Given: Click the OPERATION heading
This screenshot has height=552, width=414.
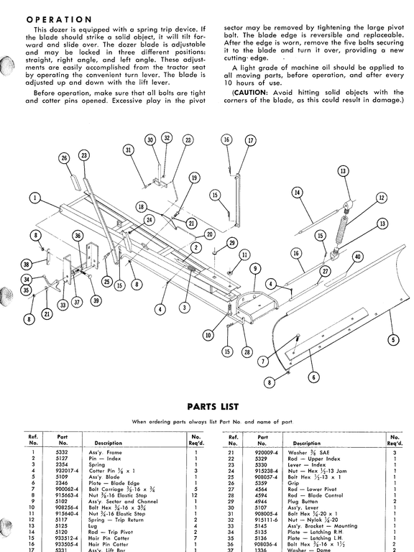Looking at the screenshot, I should click(x=58, y=19).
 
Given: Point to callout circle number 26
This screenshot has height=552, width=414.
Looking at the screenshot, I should click(x=64, y=158).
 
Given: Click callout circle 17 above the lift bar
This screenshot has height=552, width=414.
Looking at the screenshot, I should click(x=250, y=141).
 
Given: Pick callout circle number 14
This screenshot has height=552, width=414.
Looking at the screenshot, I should click(x=297, y=193).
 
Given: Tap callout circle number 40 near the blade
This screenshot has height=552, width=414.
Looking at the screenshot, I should click(x=357, y=257).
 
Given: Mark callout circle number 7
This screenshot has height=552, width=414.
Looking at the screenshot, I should click(x=262, y=361).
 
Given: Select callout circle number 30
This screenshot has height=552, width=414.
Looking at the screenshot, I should click(x=150, y=139).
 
